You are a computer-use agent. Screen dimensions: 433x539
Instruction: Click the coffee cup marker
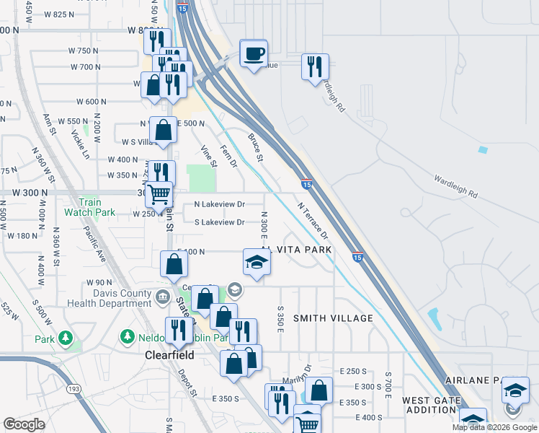pos(253,53)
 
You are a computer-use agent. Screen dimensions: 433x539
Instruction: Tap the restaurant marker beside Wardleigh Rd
pos(314,67)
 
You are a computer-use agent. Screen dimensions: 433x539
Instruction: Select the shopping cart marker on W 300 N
pos(159,193)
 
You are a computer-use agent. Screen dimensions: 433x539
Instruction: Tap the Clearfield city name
pos(169,356)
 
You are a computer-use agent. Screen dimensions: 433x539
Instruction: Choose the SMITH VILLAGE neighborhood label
pos(333,318)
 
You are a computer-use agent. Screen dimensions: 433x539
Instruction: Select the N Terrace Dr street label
pos(313,221)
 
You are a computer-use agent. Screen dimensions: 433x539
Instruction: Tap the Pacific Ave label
pos(94,245)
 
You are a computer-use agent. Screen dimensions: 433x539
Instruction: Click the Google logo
pos(24,425)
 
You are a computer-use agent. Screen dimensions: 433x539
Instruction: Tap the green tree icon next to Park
pos(66,338)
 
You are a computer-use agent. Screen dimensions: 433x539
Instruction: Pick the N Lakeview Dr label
pos(220,204)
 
